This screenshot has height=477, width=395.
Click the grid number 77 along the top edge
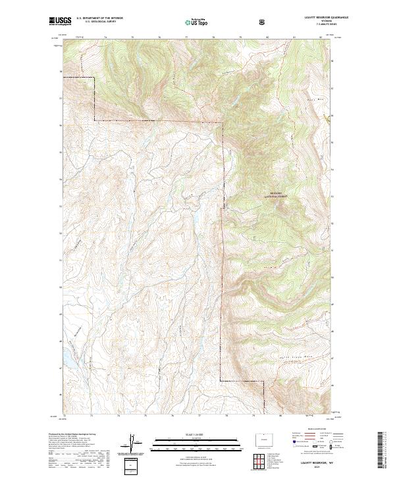point(186,38)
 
